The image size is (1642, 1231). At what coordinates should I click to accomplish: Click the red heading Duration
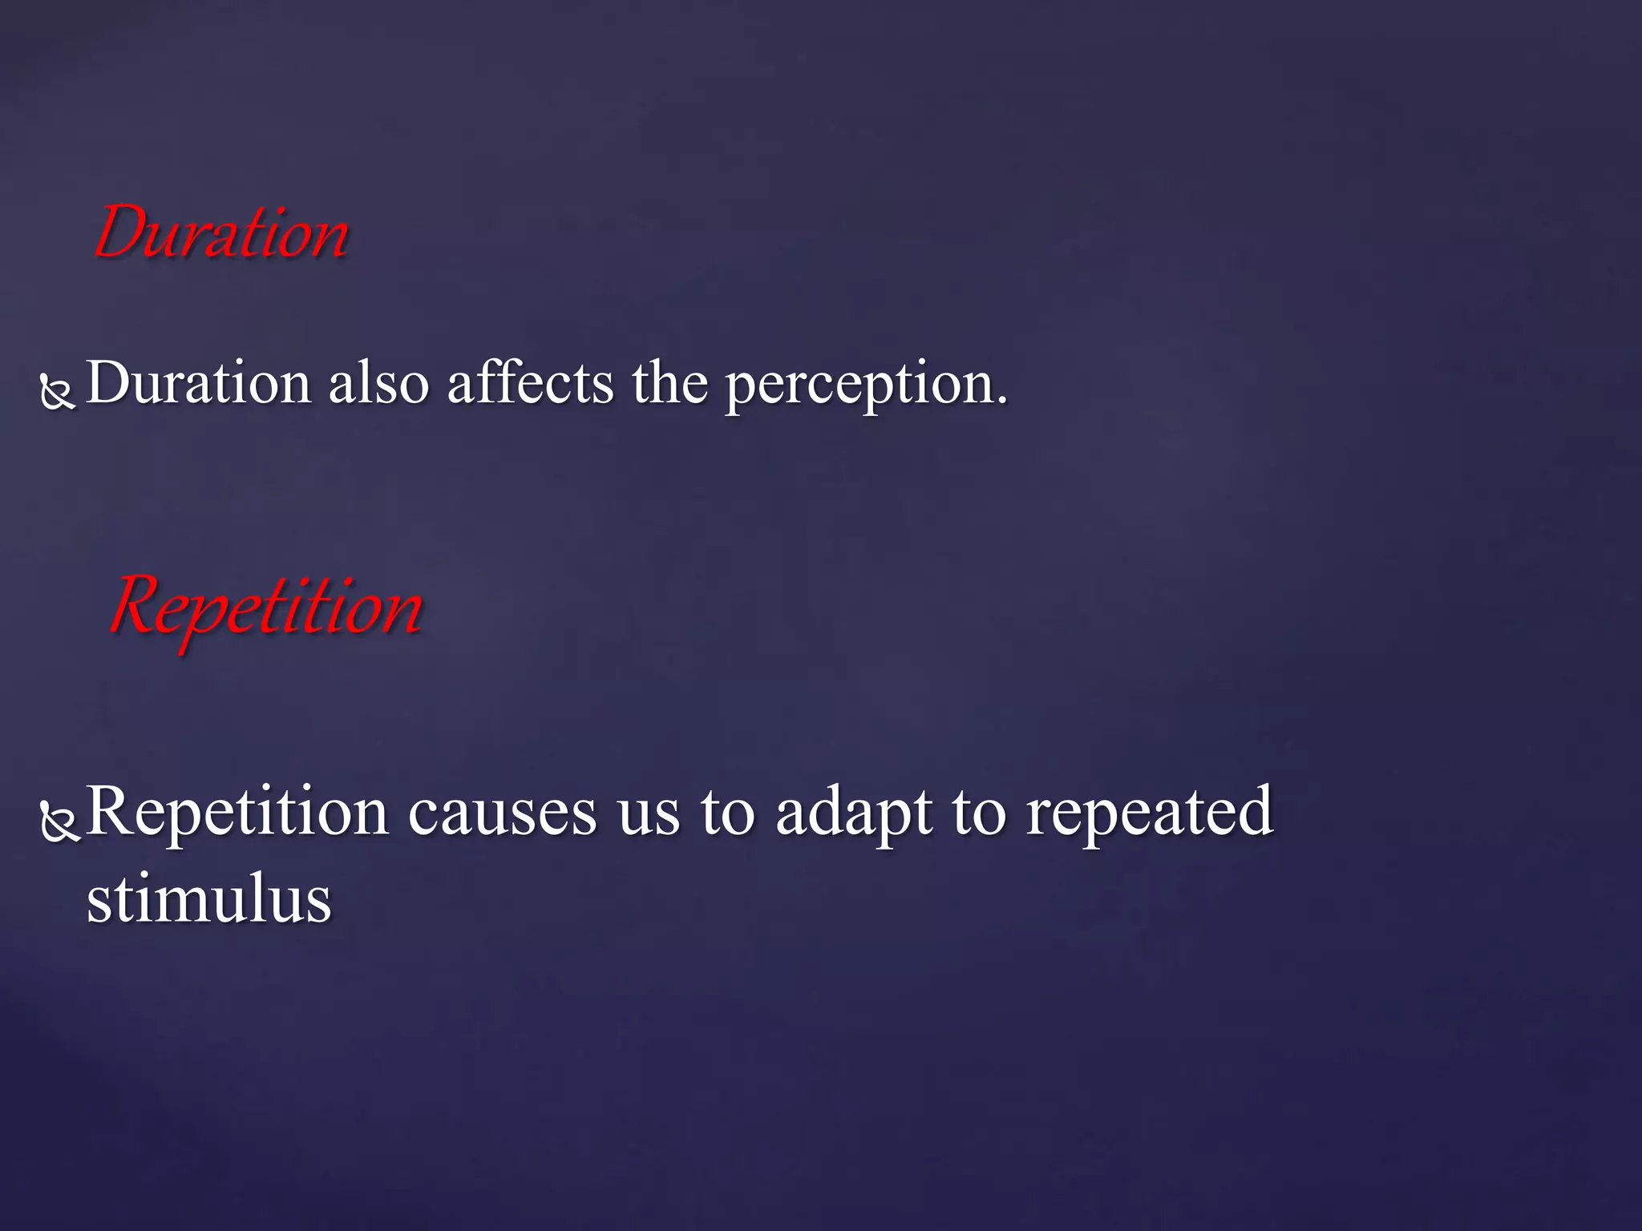pyautogui.click(x=221, y=232)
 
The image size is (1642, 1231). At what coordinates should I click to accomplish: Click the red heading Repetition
pyautogui.click(x=266, y=607)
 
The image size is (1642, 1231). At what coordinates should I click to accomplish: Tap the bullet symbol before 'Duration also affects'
pyautogui.click(x=58, y=392)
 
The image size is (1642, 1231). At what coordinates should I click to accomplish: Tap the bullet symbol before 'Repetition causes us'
pyautogui.click(x=60, y=821)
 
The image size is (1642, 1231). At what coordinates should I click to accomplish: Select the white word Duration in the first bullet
pyautogui.click(x=198, y=383)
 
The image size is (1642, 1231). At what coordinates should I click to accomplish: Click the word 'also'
pyautogui.click(x=378, y=383)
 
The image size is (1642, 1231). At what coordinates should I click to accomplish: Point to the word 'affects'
pyautogui.click(x=530, y=383)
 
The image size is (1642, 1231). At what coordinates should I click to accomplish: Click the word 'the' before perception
pyautogui.click(x=669, y=383)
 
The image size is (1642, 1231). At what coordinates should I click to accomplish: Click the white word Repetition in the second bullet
pyautogui.click(x=237, y=813)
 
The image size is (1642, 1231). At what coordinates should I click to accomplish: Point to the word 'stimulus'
pyautogui.click(x=208, y=899)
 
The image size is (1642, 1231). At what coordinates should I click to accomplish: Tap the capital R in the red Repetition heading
pyautogui.click(x=138, y=605)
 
